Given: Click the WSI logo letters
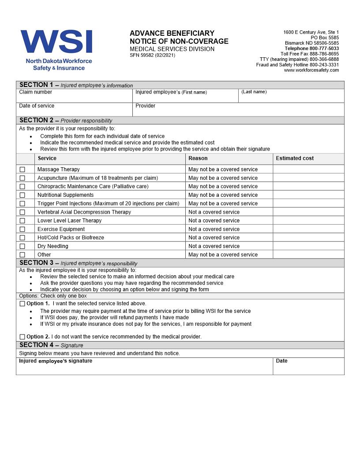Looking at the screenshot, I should pyautogui.click(x=56, y=42).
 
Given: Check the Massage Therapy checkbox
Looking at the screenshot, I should pyautogui.click(x=22, y=169).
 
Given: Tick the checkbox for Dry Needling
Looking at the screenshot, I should pyautogui.click(x=22, y=246).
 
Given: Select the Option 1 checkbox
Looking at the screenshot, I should pyautogui.click(x=22, y=304).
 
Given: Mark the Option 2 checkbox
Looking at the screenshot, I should pyautogui.click(x=22, y=337).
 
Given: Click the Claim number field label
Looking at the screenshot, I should pyautogui.click(x=35, y=92).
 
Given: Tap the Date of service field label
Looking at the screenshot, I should pyautogui.click(x=37, y=106).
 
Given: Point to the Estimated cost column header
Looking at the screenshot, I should pyautogui.click(x=295, y=158).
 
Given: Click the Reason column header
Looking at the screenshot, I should pyautogui.click(x=198, y=158).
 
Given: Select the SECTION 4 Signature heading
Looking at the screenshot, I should pyautogui.click(x=51, y=345).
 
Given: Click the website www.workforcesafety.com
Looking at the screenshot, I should pyautogui.click(x=311, y=70).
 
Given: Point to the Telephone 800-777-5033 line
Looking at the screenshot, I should pyautogui.click(x=311, y=49).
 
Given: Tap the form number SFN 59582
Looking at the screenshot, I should pyautogui.click(x=152, y=55).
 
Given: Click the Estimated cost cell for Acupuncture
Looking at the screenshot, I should pyautogui.click(x=308, y=178).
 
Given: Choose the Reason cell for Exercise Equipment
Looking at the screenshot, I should pyautogui.click(x=214, y=229).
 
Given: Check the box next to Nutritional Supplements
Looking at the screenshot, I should pyautogui.click(x=22, y=195).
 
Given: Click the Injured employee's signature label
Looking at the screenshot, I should pyautogui.click(x=56, y=361).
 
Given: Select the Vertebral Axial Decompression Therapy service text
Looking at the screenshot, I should pyautogui.click(x=84, y=212).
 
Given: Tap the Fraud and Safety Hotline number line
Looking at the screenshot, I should pyautogui.click(x=297, y=65).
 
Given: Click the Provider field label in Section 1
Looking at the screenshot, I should pyautogui.click(x=145, y=106).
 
